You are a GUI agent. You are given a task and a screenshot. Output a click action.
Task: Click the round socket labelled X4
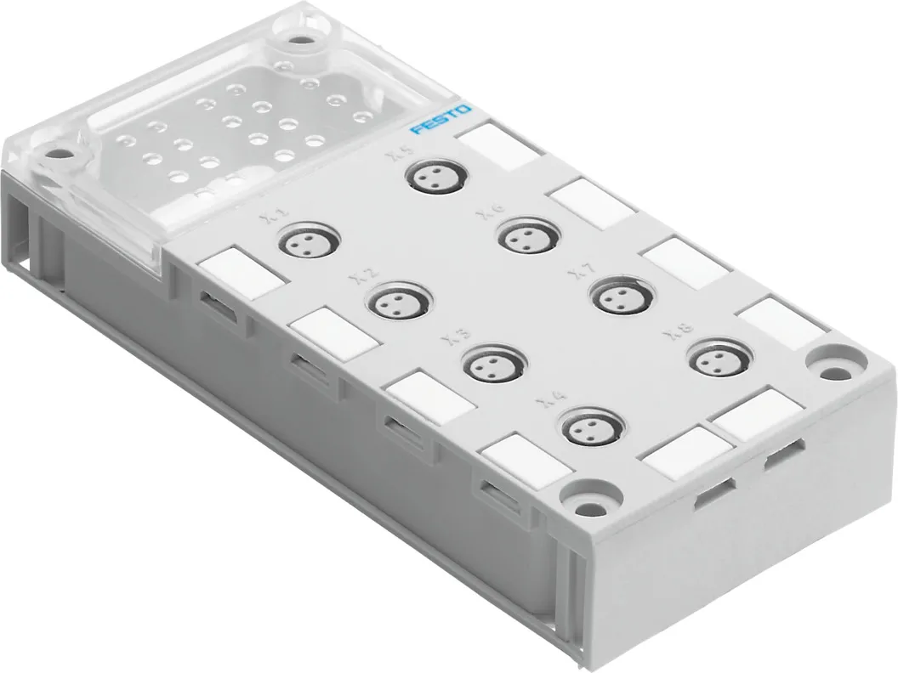point(587,427)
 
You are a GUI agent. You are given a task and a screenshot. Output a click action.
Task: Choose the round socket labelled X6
point(525,235)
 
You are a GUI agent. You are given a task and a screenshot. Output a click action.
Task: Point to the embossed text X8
point(680,331)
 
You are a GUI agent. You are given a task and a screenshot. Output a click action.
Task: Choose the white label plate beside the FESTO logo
point(497,144)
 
